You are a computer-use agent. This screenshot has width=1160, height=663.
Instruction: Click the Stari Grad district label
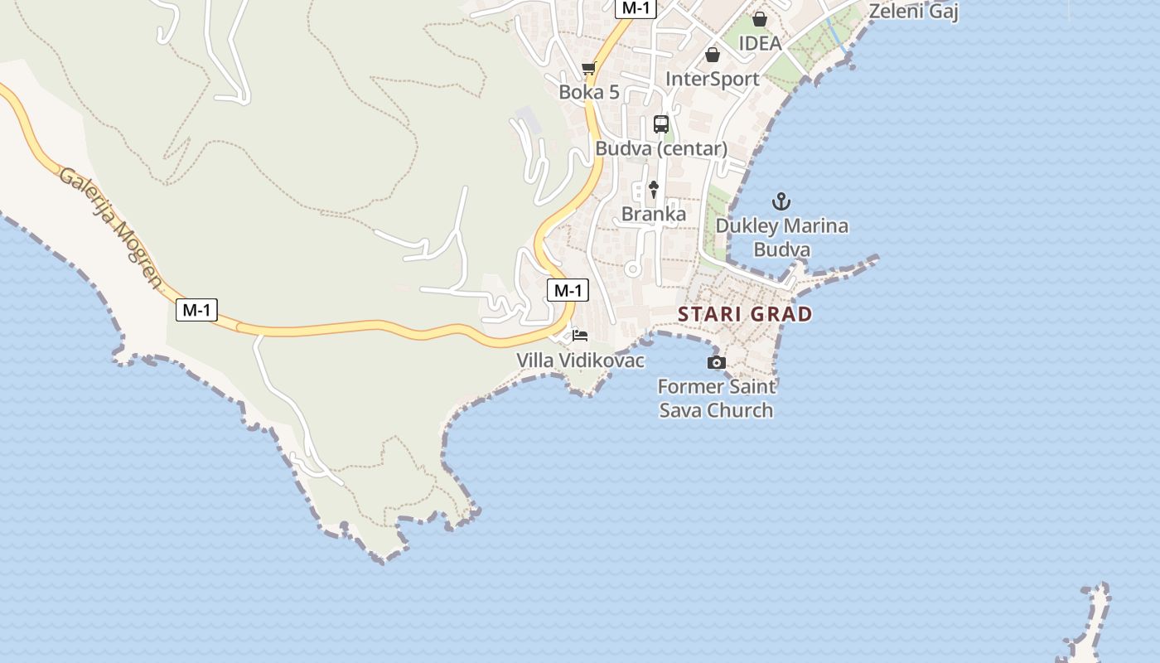[x=745, y=314]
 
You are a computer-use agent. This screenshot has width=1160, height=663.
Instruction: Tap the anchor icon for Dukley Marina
[x=781, y=201]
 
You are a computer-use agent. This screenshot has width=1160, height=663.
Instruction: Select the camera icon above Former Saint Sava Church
[x=716, y=362]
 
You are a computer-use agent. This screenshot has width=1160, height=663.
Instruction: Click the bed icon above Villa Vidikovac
[x=580, y=336]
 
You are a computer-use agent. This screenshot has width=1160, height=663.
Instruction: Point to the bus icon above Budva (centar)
[x=660, y=124]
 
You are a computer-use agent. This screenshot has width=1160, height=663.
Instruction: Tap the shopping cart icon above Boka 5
[x=588, y=68]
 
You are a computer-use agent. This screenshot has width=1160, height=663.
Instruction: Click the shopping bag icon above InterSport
[x=712, y=55]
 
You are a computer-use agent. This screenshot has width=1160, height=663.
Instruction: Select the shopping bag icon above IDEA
[x=759, y=19]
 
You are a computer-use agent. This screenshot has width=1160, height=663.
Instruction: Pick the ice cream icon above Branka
[x=653, y=190]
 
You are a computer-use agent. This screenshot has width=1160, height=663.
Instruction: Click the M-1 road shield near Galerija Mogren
[x=196, y=310]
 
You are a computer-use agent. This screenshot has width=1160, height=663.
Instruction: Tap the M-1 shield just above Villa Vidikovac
[x=568, y=290]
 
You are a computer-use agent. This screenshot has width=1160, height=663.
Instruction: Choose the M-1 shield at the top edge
[x=636, y=8]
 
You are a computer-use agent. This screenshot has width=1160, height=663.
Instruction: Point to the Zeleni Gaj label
[x=913, y=12]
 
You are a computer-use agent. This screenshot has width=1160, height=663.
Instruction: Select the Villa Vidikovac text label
[x=580, y=361]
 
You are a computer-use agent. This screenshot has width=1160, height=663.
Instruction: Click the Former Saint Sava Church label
[x=716, y=398]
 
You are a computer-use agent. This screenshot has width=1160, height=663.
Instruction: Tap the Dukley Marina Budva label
[x=781, y=237]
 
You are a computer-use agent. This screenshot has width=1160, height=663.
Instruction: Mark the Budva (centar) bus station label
[x=661, y=149]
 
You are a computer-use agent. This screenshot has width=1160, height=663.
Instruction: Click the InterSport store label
[x=713, y=79]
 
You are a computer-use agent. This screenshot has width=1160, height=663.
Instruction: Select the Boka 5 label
[x=588, y=92]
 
